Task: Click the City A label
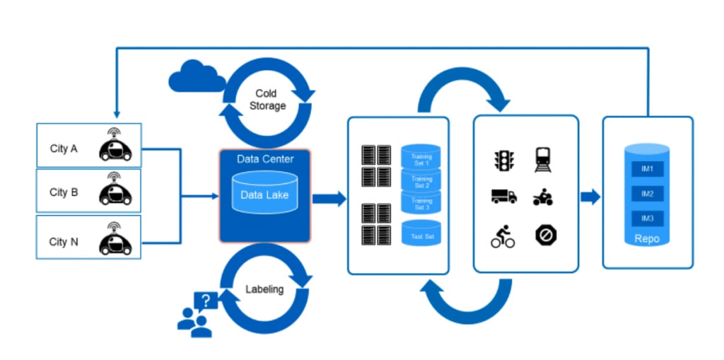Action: coord(64,149)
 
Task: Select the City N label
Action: coord(64,242)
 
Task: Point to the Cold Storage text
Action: coord(266,100)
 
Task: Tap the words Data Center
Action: coord(265,158)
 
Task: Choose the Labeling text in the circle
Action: coord(264,289)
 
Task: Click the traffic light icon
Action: coord(503,161)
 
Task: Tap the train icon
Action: coord(543,159)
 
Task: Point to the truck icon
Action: coord(503,196)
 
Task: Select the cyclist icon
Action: coord(503,236)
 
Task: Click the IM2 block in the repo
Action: coord(646,193)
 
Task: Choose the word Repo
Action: coord(647,238)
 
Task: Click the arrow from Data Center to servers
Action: coord(329,199)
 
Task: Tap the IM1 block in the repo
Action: coord(646,169)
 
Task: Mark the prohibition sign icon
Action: coord(543,236)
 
